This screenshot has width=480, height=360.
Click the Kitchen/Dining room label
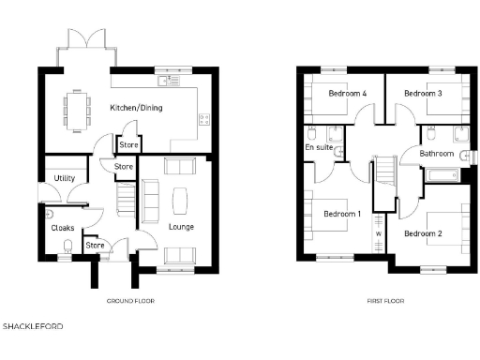(x=136, y=109)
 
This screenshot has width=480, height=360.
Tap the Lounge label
(x=180, y=226)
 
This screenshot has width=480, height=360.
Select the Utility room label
(x=64, y=177)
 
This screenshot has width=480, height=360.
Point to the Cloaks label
(x=62, y=227)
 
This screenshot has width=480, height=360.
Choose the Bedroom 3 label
(x=423, y=94)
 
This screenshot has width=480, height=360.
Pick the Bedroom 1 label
(x=342, y=214)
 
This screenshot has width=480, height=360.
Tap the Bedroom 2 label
(x=423, y=232)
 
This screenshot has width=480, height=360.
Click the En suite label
(x=317, y=147)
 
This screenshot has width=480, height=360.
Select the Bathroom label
(x=436, y=153)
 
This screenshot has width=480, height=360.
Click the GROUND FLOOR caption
(x=130, y=301)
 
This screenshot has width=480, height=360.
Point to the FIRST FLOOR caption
(x=385, y=301)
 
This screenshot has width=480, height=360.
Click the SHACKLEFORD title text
(x=33, y=327)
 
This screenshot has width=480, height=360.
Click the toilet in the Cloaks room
(x=67, y=247)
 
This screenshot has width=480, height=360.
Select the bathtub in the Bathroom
(x=442, y=174)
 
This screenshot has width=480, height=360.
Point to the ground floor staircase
(x=122, y=199)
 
